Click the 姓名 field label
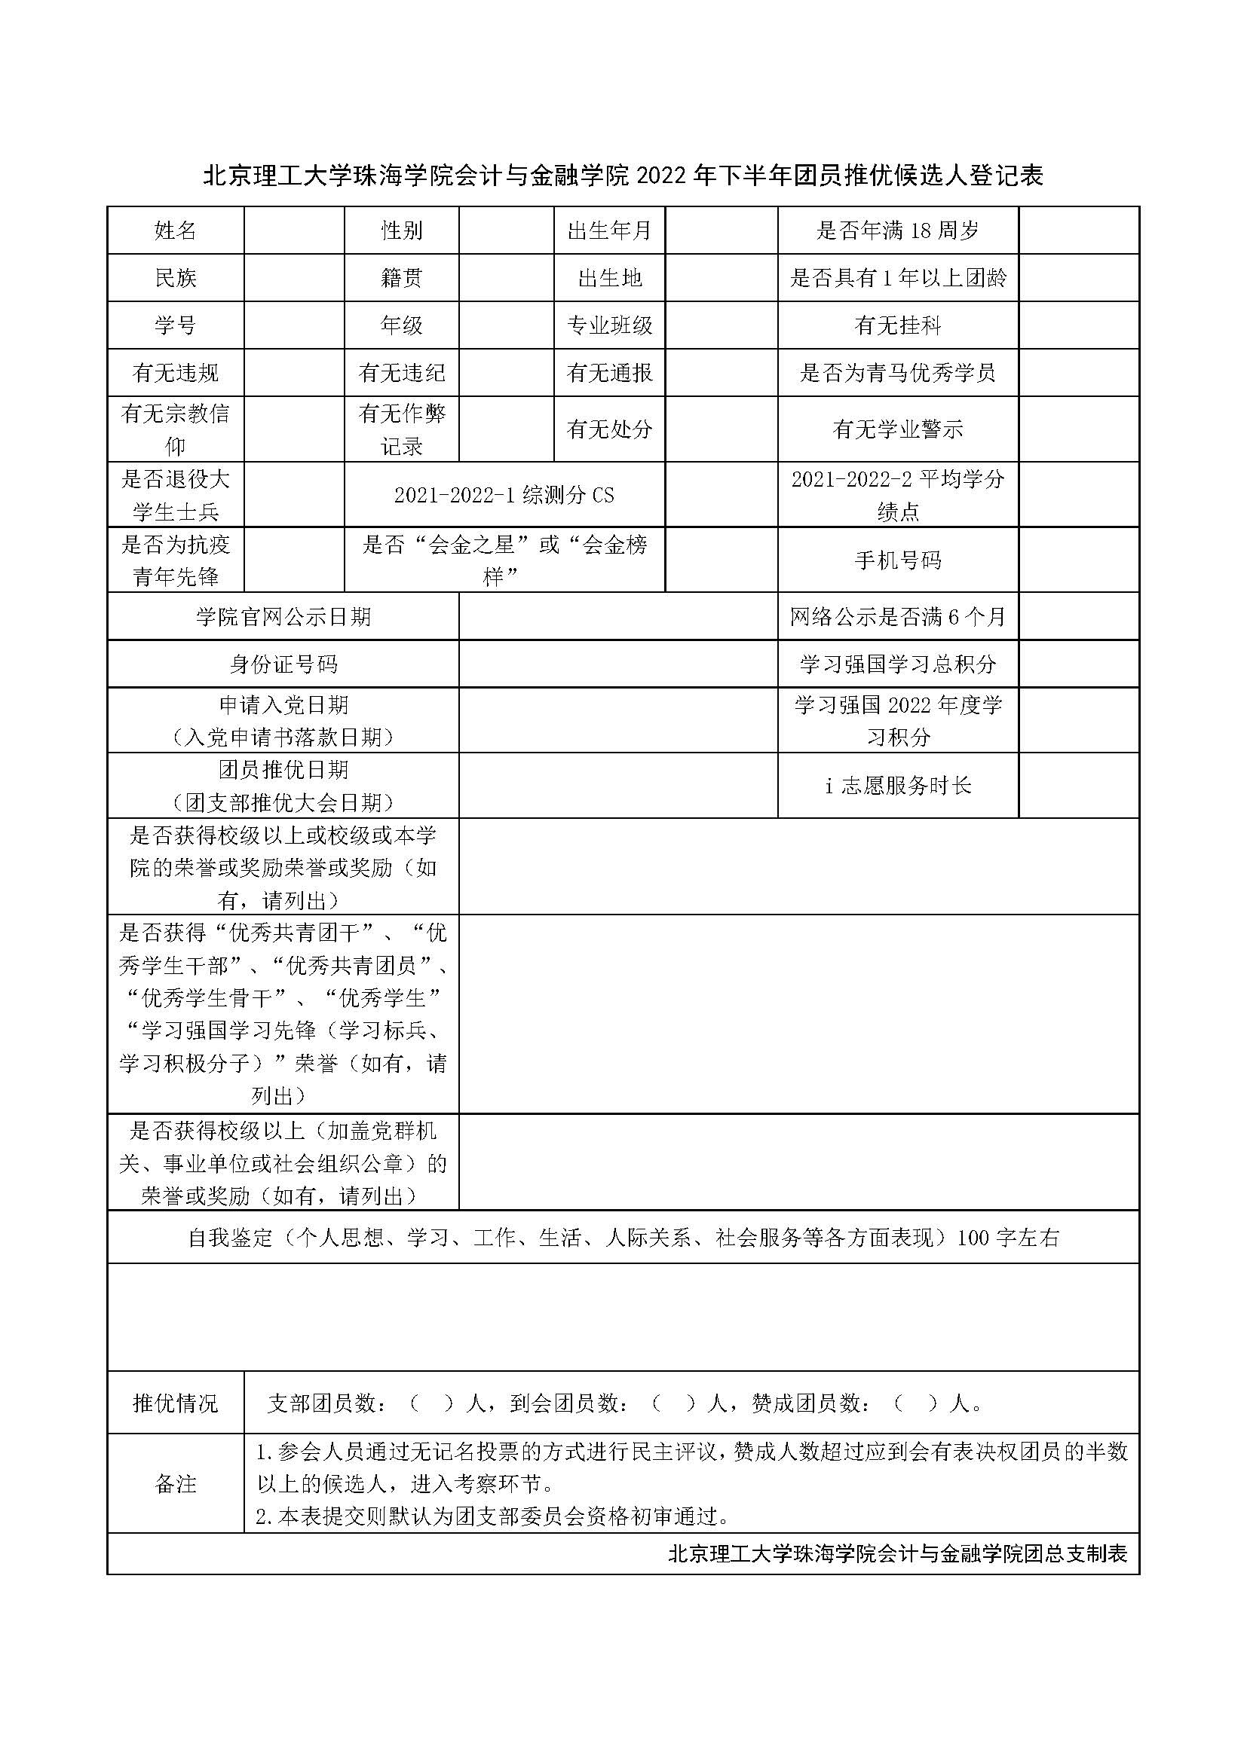[175, 231]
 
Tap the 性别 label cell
[402, 231]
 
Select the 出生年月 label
[609, 231]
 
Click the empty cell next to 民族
[294, 278]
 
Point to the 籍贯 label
[402, 278]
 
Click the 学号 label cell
[175, 325]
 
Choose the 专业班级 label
[609, 325]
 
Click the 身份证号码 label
[283, 664]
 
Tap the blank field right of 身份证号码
[618, 664]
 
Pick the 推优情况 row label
[175, 1403]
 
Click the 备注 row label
[175, 1484]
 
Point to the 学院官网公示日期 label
[283, 617]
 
